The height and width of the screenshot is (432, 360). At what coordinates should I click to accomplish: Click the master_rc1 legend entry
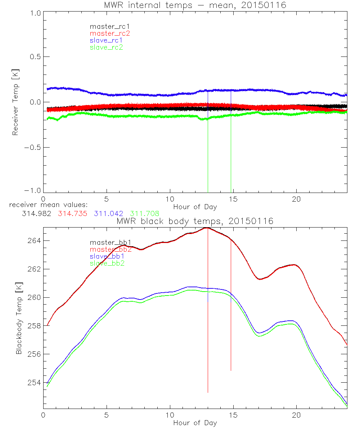tap(106, 26)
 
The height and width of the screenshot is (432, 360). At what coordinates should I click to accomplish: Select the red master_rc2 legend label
tap(110, 33)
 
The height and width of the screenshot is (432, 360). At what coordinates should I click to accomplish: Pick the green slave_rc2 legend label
tap(106, 47)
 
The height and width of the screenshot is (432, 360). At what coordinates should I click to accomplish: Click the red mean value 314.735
tap(72, 213)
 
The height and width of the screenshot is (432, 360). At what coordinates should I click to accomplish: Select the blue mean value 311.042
tap(109, 213)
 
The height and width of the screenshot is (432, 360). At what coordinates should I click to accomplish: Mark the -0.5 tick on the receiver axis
tap(32, 147)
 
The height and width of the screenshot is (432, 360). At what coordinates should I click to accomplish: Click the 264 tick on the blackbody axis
tap(33, 240)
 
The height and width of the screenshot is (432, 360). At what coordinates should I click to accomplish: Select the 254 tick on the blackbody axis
tap(33, 382)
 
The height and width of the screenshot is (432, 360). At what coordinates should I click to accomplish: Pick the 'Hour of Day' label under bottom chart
tap(195, 423)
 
